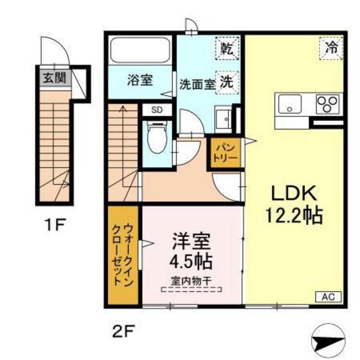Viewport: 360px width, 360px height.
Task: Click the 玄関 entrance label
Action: point(55,78)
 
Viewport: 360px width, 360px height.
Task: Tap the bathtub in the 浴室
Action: point(140,50)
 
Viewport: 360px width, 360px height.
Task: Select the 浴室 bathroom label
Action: point(140,80)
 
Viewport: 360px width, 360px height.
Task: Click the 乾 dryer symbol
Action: point(228,48)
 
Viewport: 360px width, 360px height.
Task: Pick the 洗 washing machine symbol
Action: point(227,83)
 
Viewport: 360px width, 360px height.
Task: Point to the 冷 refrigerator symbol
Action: point(331,48)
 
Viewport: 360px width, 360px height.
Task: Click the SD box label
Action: point(157,110)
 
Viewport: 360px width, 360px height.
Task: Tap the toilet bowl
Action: point(157,138)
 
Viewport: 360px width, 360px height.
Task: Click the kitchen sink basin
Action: point(290,104)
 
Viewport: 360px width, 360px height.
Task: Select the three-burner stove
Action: point(328,104)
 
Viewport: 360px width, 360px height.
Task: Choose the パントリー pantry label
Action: point(225,152)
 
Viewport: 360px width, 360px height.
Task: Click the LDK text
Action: point(294,193)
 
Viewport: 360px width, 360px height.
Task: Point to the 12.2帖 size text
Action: point(294,215)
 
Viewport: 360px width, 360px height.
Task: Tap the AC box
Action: point(328,296)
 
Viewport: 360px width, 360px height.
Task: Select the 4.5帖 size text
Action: point(190,262)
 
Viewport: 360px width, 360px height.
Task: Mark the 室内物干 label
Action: point(191,281)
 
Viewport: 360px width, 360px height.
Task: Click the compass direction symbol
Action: point(328,340)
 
